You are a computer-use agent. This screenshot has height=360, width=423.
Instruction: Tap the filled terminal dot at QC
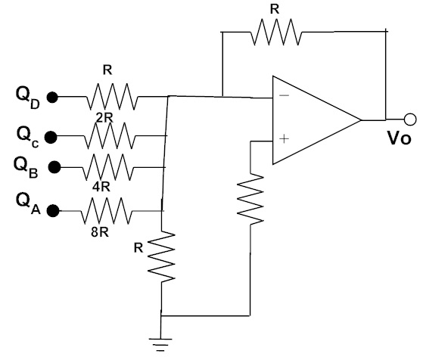pyautogui.click(x=51, y=137)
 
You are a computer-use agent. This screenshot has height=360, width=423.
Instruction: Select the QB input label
pyautogui.click(x=26, y=167)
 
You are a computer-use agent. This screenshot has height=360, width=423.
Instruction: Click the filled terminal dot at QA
pyautogui.click(x=53, y=210)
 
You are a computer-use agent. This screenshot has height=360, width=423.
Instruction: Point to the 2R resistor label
pyautogui.click(x=104, y=117)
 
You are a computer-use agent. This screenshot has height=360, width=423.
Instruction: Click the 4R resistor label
pyautogui.click(x=101, y=187)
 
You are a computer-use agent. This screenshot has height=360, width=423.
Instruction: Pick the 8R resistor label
pyautogui.click(x=100, y=232)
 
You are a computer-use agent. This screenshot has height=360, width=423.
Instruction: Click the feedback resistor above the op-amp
pyautogui.click(x=276, y=32)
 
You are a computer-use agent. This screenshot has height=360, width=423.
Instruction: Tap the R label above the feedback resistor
pyautogui.click(x=275, y=9)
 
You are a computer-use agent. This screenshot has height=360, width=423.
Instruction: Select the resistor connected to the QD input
pyautogui.click(x=111, y=97)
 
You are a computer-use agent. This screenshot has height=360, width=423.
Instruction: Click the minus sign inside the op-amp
pyautogui.click(x=284, y=95)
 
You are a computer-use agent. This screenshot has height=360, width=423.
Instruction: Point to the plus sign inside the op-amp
pyautogui.click(x=284, y=139)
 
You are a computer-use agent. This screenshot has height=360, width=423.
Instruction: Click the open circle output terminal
pyautogui.click(x=410, y=119)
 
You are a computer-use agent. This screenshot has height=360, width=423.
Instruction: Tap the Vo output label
pyautogui.click(x=400, y=138)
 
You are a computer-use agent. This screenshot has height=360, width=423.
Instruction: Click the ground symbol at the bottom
pyautogui.click(x=160, y=345)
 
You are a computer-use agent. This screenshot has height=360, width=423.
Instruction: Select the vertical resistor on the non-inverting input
pyautogui.click(x=250, y=199)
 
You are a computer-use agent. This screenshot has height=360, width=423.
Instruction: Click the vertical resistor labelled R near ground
pyautogui.click(x=161, y=256)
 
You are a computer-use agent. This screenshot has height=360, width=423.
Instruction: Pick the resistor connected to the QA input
pyautogui.click(x=107, y=210)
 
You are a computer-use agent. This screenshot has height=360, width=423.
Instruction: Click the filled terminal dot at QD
pyautogui.click(x=52, y=97)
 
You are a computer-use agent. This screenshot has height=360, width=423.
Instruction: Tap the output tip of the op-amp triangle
pyautogui.click(x=361, y=120)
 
